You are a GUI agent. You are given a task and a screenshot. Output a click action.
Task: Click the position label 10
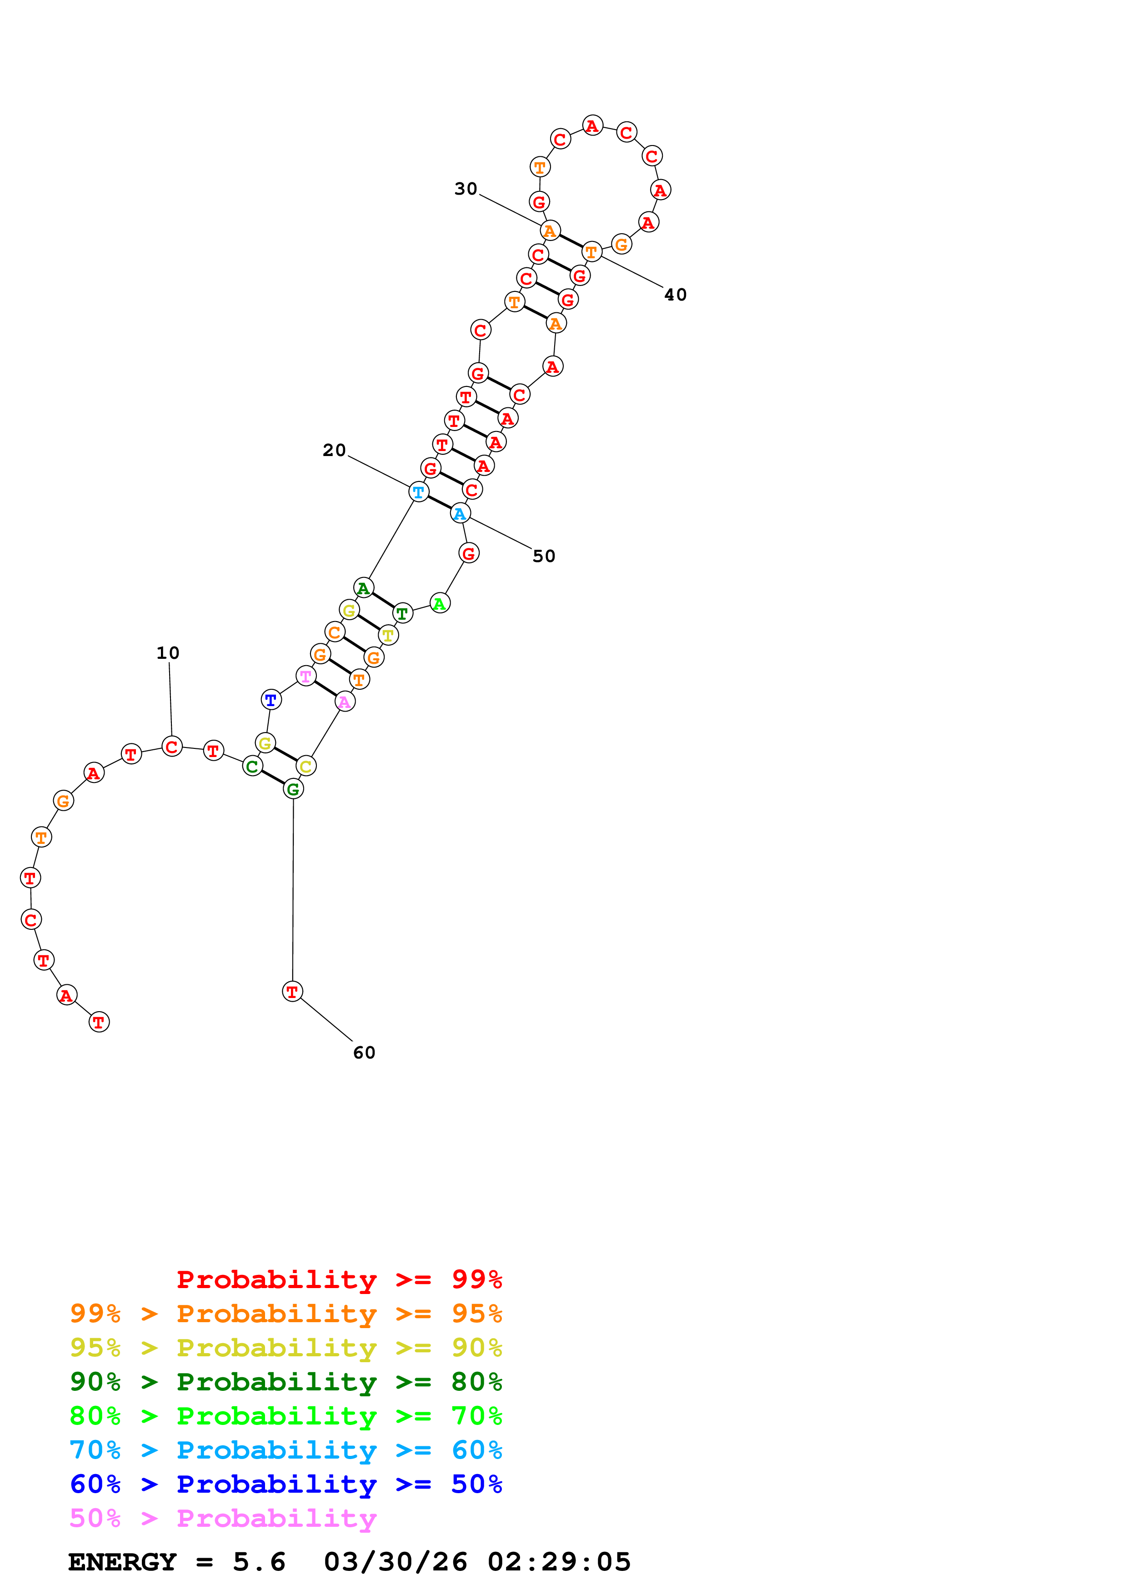click(x=167, y=653)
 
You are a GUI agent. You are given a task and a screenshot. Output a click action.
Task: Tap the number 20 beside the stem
click(x=334, y=450)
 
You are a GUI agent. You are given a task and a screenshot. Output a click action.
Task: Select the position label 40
click(x=675, y=295)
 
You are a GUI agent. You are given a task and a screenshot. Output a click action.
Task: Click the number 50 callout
click(x=544, y=557)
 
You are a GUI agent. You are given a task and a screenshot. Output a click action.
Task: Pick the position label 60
click(x=364, y=1053)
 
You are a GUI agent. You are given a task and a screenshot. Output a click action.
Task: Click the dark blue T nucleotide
click(x=271, y=700)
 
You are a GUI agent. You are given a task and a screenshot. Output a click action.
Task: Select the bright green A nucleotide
click(x=440, y=603)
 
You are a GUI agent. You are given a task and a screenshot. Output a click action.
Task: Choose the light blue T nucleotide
click(x=418, y=492)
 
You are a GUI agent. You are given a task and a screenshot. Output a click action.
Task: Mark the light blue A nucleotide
click(x=459, y=513)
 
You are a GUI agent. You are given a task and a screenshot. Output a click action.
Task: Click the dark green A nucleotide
click(x=363, y=588)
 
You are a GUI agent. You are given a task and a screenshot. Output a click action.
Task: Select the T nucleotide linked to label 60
click(x=292, y=991)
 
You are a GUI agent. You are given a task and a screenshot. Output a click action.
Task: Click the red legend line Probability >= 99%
click(x=339, y=1279)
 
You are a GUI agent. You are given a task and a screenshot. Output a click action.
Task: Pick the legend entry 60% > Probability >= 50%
click(x=286, y=1484)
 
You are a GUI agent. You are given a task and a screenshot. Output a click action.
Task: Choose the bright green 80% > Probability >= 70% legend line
click(x=286, y=1416)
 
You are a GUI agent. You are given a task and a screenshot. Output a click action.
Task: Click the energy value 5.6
click(x=259, y=1562)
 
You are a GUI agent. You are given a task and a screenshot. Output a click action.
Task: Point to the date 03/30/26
click(x=395, y=1562)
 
